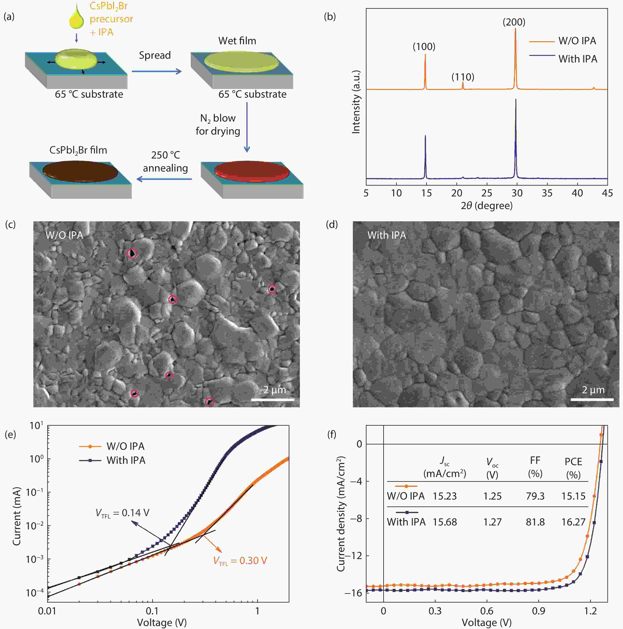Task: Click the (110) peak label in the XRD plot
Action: [x=463, y=77]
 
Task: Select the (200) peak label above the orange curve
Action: [x=514, y=22]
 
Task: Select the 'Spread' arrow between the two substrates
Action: [x=156, y=71]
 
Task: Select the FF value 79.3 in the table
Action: [x=535, y=496]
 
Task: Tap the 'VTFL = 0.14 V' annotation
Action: [x=122, y=513]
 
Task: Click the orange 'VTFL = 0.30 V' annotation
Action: [x=240, y=561]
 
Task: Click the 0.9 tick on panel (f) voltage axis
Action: [x=539, y=611]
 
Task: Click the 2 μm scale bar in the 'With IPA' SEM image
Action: [x=592, y=399]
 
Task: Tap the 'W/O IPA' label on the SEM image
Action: [x=64, y=235]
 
